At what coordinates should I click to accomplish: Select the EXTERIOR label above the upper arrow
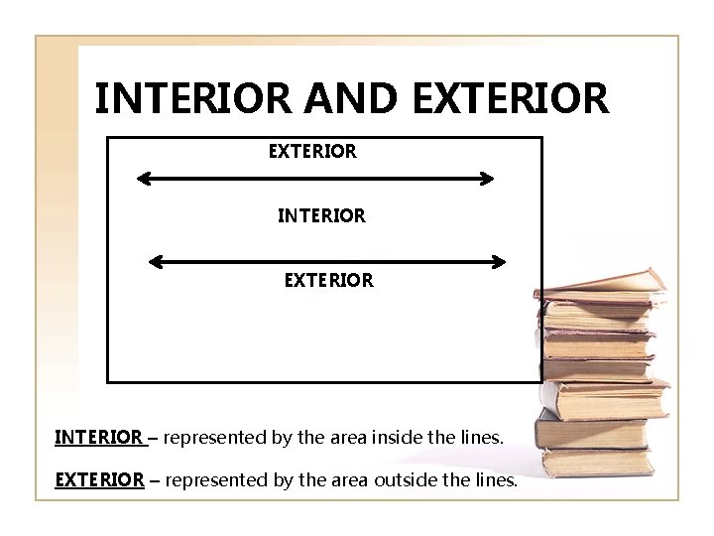[312, 152]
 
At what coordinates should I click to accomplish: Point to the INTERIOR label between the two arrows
[321, 214]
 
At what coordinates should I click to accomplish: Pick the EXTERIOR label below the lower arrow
[328, 281]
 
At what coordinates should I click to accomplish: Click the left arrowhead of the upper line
[143, 180]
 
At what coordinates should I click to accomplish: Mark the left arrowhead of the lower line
[155, 263]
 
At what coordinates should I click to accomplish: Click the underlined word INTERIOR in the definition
[98, 437]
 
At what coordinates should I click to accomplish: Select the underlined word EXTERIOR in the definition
[99, 480]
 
